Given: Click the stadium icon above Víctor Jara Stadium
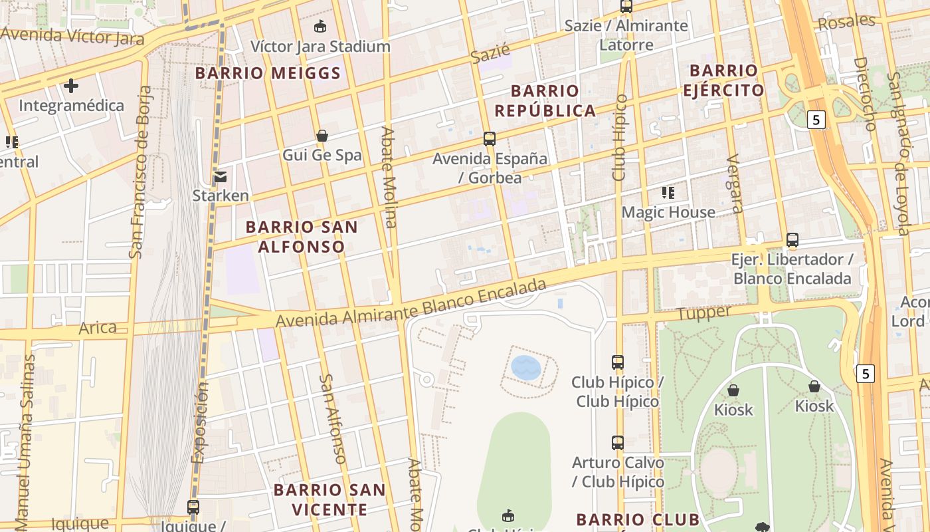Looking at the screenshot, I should tap(320, 27).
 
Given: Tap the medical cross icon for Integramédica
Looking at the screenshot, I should tap(71, 85).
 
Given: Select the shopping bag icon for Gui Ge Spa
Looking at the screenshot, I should tap(322, 136).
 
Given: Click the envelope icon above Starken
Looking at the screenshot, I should tap(220, 177).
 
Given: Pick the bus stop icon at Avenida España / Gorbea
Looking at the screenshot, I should tap(490, 139).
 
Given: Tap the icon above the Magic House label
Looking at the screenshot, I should tap(668, 193).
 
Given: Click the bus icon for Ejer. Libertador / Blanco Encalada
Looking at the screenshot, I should tap(792, 240).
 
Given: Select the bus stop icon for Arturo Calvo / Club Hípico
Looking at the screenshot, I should tap(618, 443).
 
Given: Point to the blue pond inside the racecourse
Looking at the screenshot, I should tap(526, 368).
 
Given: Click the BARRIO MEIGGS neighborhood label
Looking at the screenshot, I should tap(268, 73).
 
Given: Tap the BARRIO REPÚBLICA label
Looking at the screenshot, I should tap(545, 100).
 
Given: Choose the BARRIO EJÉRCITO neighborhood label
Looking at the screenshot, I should tap(723, 80).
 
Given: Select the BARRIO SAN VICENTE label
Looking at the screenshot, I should tap(329, 500).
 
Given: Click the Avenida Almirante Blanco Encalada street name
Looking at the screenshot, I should tap(411, 303).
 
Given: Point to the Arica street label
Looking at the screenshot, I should tap(98, 328).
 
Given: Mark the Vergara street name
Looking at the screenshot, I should tap(735, 184).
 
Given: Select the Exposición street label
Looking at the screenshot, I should tap(199, 422).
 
